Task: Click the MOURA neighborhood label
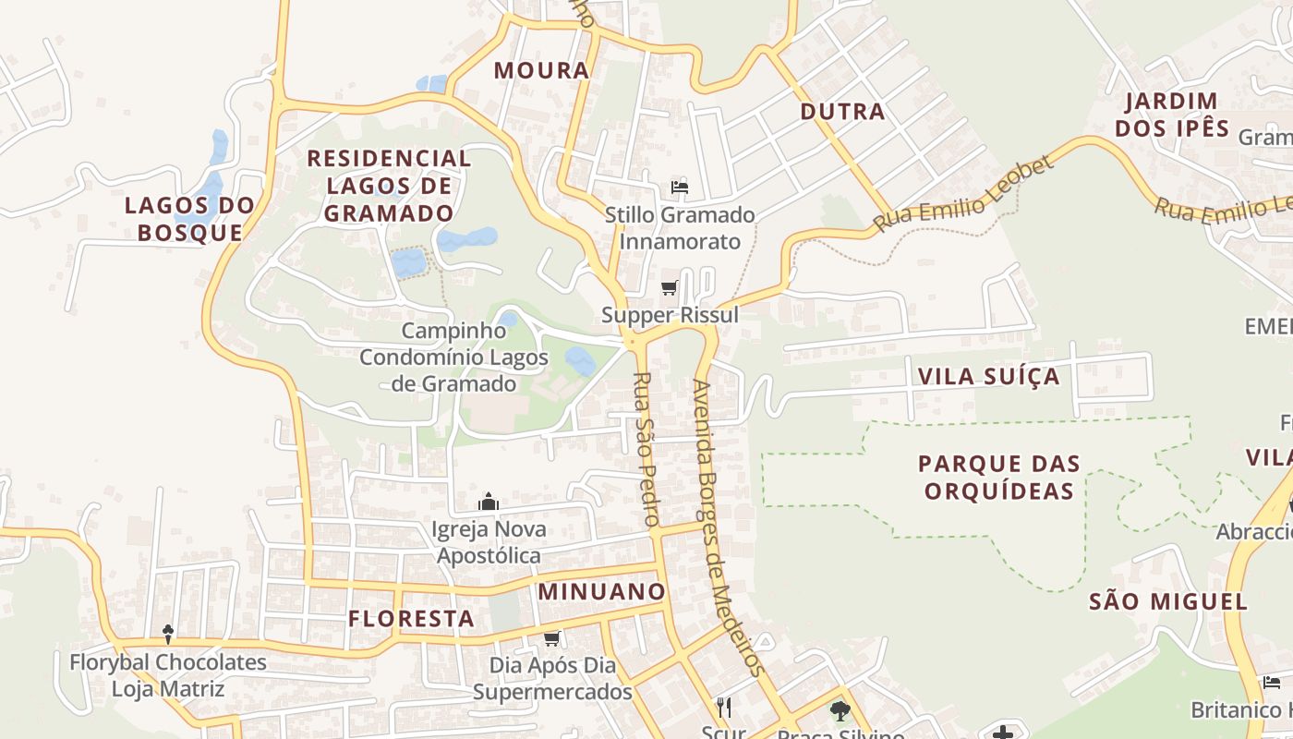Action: pyautogui.click(x=541, y=70)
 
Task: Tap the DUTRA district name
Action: pyautogui.click(x=842, y=112)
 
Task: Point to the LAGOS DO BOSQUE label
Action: pyautogui.click(x=189, y=218)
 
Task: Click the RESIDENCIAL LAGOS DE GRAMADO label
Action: pyautogui.click(x=389, y=186)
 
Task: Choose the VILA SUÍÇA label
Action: pyautogui.click(x=988, y=377)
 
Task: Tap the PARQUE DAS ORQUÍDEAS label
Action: pyautogui.click(x=999, y=477)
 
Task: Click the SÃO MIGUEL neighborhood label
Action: pyautogui.click(x=1168, y=602)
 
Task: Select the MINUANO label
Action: pyautogui.click(x=601, y=591)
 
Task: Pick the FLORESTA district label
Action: pyautogui.click(x=411, y=619)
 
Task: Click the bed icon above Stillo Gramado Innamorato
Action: pyautogui.click(x=680, y=188)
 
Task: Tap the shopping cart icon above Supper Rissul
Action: pyautogui.click(x=670, y=288)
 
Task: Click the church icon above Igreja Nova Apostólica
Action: pyautogui.click(x=489, y=503)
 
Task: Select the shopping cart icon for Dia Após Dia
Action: pyautogui.click(x=552, y=638)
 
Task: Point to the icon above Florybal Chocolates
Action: pyautogui.click(x=168, y=634)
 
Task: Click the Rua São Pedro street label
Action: pyautogui.click(x=645, y=449)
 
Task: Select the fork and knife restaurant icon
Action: pyautogui.click(x=724, y=708)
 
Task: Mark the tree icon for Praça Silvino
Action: pyautogui.click(x=840, y=710)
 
